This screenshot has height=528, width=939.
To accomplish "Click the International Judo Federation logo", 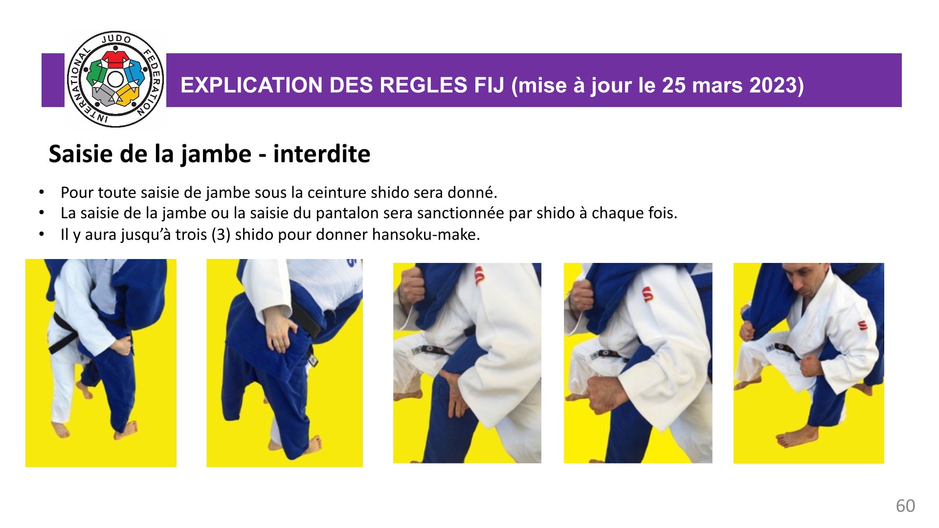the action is pos(115,79).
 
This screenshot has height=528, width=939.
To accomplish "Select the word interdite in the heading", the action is pos(321,154).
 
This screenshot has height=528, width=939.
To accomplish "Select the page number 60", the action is pos(905,506).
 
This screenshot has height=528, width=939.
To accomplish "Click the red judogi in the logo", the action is pos(115,59).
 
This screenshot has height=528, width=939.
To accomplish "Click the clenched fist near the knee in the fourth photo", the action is pos(605,394).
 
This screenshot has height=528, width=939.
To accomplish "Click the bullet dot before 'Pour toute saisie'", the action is pos(42,193).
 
